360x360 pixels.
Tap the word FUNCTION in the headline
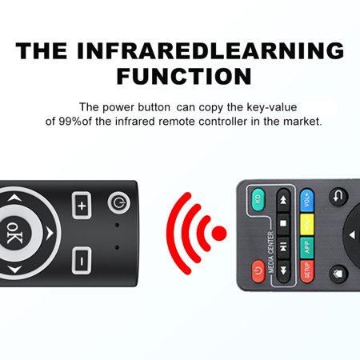(183, 77)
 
